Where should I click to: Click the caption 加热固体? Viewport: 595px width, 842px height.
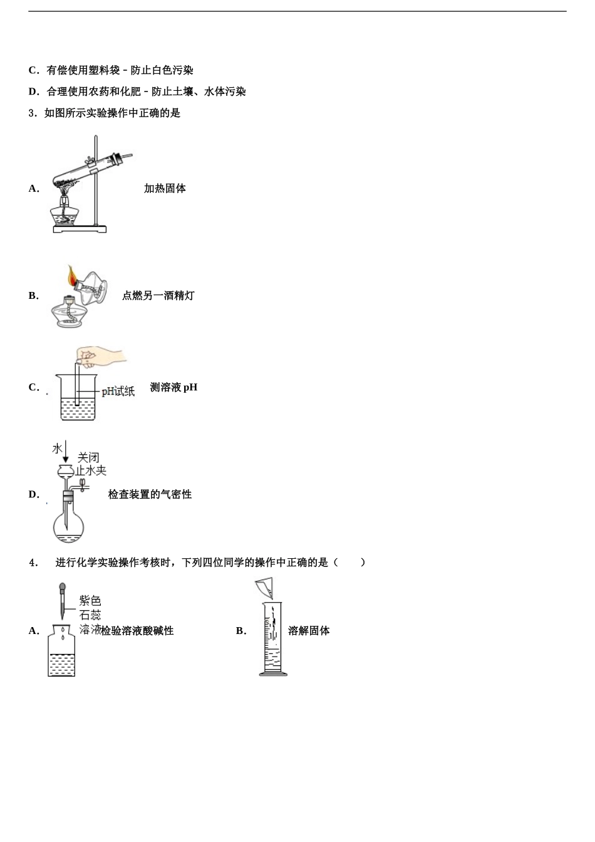(165, 189)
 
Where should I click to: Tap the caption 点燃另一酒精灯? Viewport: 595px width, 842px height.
(158, 296)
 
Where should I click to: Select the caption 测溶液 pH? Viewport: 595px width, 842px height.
(173, 387)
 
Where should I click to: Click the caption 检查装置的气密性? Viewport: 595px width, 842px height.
(150, 494)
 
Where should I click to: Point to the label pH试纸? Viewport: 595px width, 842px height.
(118, 392)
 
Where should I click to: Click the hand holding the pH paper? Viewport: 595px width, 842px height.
(103, 355)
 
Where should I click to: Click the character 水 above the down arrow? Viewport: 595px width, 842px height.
(58, 449)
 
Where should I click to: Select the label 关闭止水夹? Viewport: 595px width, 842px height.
(90, 464)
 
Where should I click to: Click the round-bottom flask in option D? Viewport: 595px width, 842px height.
(68, 527)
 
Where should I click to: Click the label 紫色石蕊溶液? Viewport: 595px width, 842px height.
(90, 615)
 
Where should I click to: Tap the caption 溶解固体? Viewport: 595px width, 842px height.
(309, 631)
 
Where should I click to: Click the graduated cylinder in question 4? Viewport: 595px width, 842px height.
(273, 639)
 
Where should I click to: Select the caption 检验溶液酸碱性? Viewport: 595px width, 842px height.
(138, 631)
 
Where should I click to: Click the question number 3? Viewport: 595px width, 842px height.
(32, 113)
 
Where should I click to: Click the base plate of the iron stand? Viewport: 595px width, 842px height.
(80, 229)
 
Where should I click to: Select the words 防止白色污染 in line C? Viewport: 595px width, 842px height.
(162, 71)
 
